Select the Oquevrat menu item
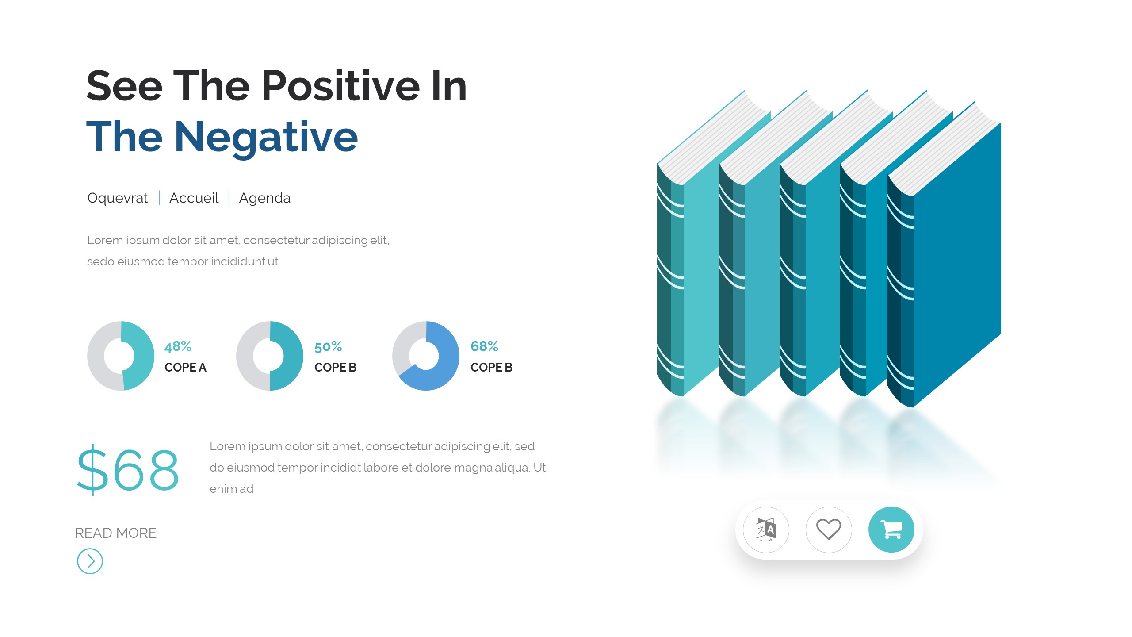117,198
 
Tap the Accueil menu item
194,198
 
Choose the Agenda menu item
264,198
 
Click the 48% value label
178,346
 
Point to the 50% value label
328,346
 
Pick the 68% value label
484,346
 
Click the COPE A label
185,367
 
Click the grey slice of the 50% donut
246,356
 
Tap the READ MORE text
116,533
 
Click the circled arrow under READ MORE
90,561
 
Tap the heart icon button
829,530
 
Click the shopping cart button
891,530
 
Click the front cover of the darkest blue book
957,265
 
